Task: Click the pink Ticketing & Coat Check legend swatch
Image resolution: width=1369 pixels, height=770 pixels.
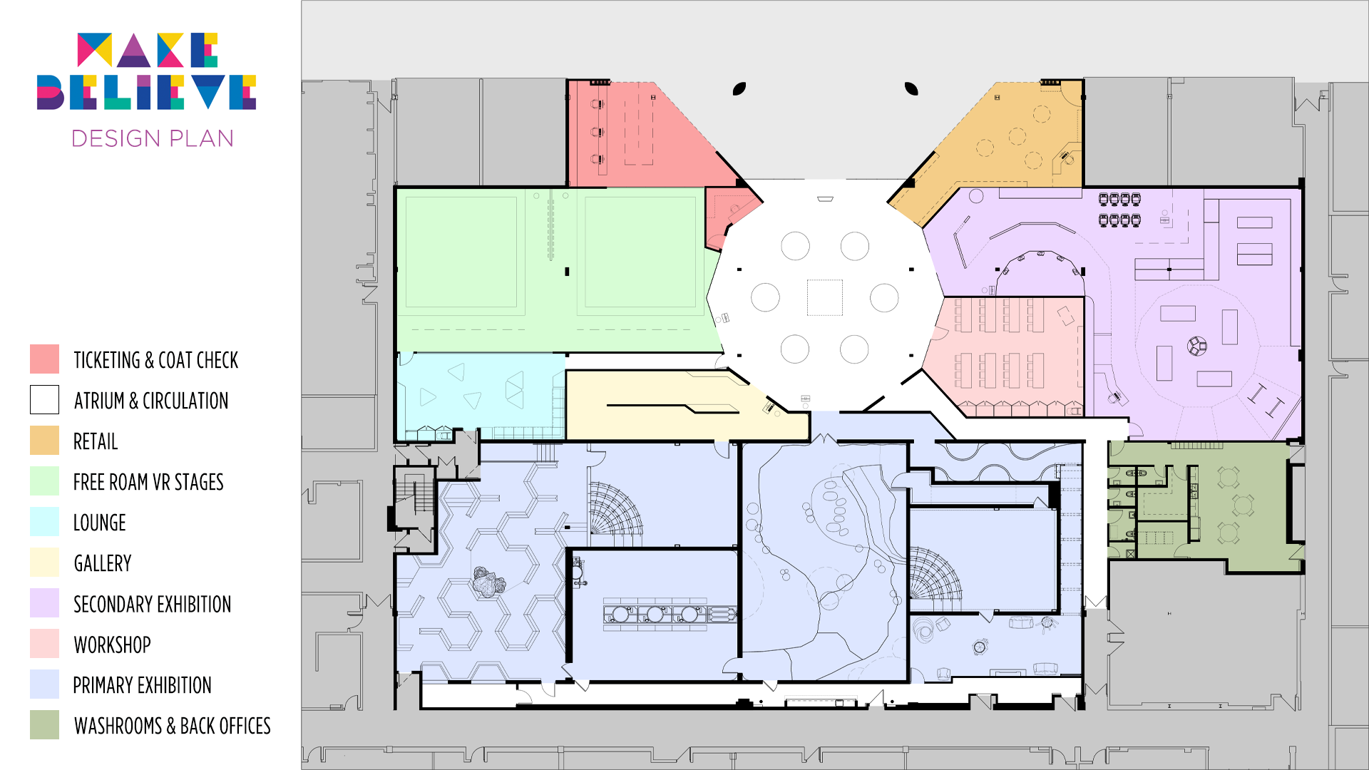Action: point(44,359)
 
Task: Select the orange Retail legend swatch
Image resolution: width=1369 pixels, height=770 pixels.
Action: point(44,441)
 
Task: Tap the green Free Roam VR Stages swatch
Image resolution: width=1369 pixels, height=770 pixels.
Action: point(44,481)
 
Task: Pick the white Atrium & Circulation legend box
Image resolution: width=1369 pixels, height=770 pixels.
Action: point(44,400)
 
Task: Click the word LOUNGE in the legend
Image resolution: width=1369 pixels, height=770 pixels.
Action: point(99,523)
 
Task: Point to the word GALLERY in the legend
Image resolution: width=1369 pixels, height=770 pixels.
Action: point(102,563)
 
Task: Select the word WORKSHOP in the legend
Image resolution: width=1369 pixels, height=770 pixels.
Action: point(112,645)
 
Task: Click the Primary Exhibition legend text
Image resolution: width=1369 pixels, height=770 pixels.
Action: point(142,685)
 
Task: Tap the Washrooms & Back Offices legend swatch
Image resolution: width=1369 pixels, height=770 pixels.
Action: point(44,725)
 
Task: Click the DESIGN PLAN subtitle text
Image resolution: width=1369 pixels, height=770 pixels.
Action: point(153,138)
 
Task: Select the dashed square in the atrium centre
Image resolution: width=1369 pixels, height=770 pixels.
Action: point(825,297)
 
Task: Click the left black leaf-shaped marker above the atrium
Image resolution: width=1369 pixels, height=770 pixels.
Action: point(739,89)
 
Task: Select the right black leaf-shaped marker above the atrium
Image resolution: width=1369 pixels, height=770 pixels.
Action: point(911,89)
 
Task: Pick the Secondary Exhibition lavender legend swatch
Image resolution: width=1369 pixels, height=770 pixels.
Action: point(44,603)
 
